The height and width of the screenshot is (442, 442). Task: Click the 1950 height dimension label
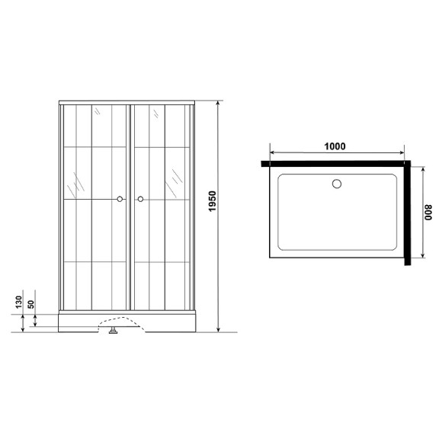[213, 201]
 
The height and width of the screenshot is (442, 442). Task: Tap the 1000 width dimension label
[335, 146]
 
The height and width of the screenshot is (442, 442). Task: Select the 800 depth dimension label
[428, 213]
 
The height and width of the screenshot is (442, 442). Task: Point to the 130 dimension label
[18, 302]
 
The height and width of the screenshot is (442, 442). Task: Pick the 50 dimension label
[30, 304]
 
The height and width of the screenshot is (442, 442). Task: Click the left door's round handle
[120, 200]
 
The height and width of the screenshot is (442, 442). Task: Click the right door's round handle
[140, 200]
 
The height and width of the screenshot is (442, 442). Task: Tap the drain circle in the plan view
[337, 184]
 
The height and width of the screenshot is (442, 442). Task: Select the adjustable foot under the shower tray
[114, 331]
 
